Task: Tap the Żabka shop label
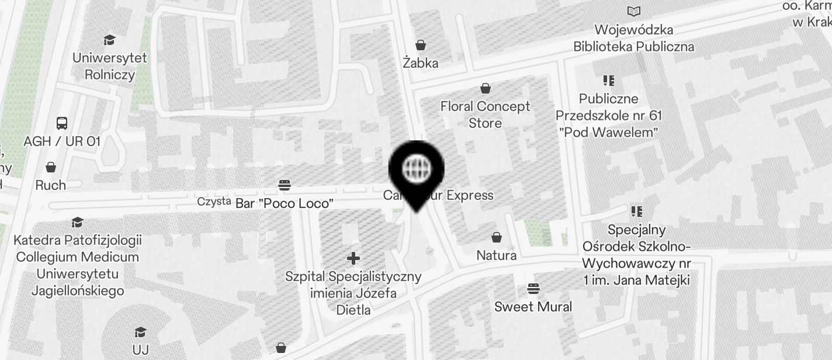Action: [420, 63]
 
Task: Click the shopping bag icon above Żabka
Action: [420, 45]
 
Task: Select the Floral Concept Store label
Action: [485, 115]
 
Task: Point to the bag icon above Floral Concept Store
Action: [485, 88]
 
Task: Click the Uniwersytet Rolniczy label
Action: [110, 66]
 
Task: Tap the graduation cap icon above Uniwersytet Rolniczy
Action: [109, 40]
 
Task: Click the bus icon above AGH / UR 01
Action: [62, 123]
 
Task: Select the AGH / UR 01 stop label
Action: [62, 141]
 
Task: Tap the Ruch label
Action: [51, 185]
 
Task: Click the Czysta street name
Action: [214, 202]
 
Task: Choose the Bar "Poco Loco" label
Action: [285, 203]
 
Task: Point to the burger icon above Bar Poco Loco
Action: [285, 185]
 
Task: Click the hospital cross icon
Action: [353, 258]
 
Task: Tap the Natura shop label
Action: [496, 255]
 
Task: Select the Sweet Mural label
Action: [533, 307]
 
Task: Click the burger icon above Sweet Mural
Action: [533, 288]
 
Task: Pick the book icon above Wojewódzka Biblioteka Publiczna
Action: [633, 11]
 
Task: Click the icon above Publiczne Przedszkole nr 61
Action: [608, 81]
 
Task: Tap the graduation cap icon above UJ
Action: [140, 333]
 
